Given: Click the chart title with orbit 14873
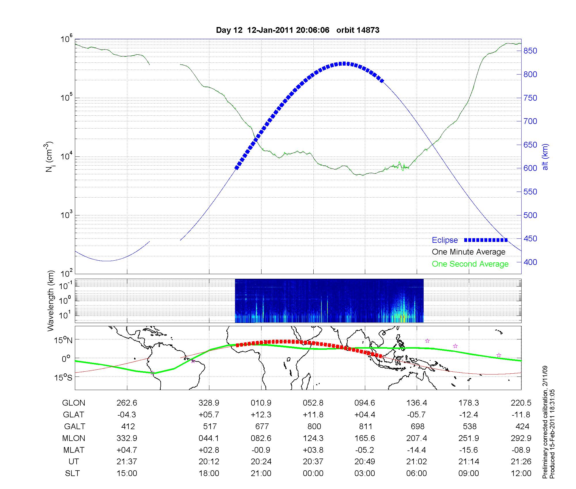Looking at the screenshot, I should pyautogui.click(x=298, y=30).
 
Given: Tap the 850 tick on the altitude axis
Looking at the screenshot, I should pyautogui.click(x=530, y=51).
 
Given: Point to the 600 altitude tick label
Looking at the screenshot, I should pyautogui.click(x=530, y=168).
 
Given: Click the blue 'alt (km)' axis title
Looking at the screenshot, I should pyautogui.click(x=545, y=157).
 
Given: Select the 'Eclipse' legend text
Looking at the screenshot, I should pyautogui.click(x=445, y=240).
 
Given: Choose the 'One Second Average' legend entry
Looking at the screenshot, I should pyautogui.click(x=470, y=264).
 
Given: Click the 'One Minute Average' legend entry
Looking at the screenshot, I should pyautogui.click(x=469, y=252).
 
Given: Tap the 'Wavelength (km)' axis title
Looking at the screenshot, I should pyautogui.click(x=51, y=301).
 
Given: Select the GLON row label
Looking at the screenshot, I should pyautogui.click(x=73, y=403).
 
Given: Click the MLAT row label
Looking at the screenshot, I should pyautogui.click(x=73, y=450).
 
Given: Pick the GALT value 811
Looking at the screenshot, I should pyautogui.click(x=365, y=426).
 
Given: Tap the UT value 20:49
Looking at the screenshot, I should pyautogui.click(x=365, y=462).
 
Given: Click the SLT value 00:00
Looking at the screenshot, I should pyautogui.click(x=313, y=473).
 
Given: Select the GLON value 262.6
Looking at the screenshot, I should pyautogui.click(x=127, y=403).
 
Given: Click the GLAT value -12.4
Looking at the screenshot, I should pyautogui.click(x=469, y=415).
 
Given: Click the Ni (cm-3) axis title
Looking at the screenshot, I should pyautogui.click(x=50, y=157).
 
